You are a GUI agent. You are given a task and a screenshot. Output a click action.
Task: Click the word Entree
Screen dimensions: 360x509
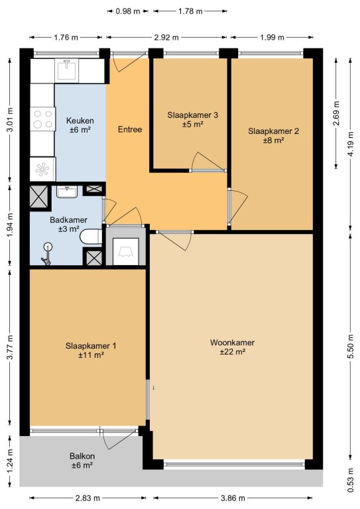130,129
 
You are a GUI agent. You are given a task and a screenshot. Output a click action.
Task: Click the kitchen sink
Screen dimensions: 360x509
66,70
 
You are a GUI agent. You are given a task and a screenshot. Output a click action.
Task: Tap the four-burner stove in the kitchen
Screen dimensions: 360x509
43,119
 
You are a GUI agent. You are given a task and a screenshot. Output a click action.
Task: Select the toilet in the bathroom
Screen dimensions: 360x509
91,237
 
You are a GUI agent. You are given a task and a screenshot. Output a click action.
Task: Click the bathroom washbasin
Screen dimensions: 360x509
67,192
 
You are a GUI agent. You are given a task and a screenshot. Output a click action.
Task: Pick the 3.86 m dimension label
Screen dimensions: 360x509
233,498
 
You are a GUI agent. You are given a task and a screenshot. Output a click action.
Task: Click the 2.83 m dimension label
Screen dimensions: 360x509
88,498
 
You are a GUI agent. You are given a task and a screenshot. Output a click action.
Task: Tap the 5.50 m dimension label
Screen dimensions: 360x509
351,347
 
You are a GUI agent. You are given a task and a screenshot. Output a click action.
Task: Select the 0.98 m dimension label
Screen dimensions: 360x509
128,11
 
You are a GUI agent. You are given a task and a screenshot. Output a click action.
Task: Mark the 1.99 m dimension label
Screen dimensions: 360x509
272,38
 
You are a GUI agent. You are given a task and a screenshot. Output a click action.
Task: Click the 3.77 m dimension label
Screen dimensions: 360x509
10,347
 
